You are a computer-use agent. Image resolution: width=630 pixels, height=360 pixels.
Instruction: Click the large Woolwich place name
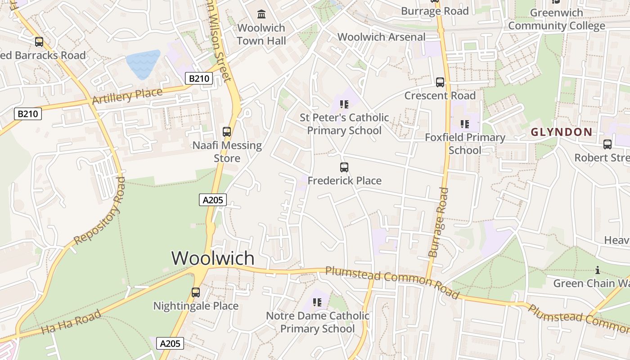(x=213, y=258)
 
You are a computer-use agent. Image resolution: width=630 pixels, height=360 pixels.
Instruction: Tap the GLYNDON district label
(x=561, y=132)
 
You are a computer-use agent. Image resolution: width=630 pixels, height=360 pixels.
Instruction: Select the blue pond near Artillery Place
(x=144, y=64)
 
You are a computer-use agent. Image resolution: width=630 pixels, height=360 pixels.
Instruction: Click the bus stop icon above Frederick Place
(x=344, y=167)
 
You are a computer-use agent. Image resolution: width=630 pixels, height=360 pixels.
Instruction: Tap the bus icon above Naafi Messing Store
(x=227, y=132)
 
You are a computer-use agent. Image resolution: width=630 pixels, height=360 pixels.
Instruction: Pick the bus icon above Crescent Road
(x=440, y=82)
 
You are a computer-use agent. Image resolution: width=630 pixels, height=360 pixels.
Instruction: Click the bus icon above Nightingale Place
(x=196, y=292)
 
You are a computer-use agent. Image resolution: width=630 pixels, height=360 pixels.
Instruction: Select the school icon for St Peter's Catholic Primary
(x=344, y=104)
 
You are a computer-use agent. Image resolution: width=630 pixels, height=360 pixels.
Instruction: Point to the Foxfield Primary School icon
(x=465, y=124)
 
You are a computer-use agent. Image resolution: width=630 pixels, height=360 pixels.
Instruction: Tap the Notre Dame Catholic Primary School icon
(x=317, y=302)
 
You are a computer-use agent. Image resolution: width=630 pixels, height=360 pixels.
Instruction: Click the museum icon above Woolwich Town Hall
(x=261, y=14)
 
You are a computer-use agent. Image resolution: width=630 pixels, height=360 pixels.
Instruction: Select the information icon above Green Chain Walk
(x=598, y=270)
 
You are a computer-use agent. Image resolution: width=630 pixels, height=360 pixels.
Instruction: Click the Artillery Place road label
(x=127, y=96)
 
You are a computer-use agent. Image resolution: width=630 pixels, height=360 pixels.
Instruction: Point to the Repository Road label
(x=100, y=210)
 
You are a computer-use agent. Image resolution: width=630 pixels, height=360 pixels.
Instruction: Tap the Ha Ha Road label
(x=71, y=322)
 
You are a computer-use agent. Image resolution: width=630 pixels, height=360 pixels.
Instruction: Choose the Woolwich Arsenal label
(x=382, y=37)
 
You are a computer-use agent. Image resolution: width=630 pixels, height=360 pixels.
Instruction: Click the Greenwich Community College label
(x=557, y=19)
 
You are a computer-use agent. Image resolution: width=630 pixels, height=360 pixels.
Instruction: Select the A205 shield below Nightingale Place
(x=171, y=344)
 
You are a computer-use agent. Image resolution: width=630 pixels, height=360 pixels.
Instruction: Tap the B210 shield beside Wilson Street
(x=198, y=79)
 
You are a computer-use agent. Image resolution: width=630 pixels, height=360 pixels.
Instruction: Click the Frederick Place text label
(x=345, y=181)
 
